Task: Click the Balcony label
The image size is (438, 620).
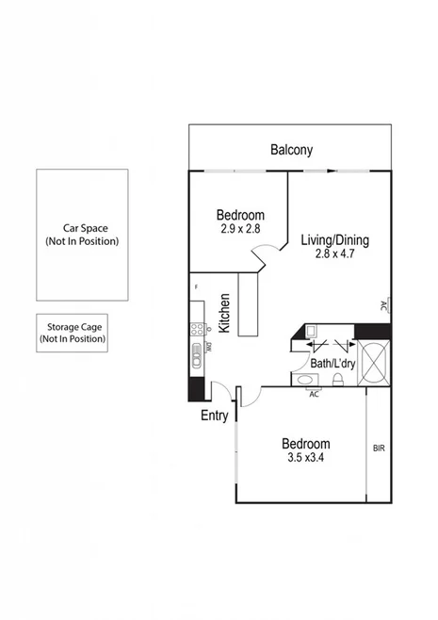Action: (x=291, y=150)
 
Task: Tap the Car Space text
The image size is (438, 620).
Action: (x=82, y=228)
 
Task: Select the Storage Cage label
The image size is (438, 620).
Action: (x=73, y=326)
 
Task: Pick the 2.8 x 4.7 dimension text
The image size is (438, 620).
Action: (x=334, y=254)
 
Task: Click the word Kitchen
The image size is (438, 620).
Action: (x=225, y=313)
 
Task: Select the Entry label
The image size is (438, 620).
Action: (x=215, y=416)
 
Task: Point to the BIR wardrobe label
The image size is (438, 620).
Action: (x=379, y=449)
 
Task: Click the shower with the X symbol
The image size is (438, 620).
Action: (x=372, y=362)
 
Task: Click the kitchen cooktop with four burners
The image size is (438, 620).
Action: (x=198, y=329)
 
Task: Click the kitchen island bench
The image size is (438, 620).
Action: (x=249, y=305)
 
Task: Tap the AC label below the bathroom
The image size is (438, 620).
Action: (x=314, y=394)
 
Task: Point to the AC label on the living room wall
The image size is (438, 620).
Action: (x=384, y=306)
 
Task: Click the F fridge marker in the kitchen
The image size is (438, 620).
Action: (x=195, y=286)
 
